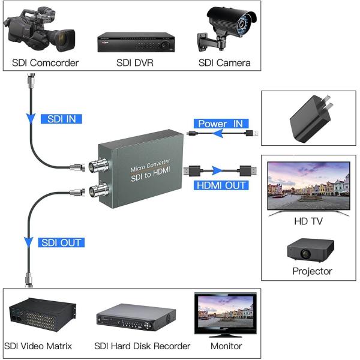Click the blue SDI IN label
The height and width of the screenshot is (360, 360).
(x=61, y=119)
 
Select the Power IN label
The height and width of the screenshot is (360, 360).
(x=221, y=124)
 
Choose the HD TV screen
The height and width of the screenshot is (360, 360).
(x=308, y=187)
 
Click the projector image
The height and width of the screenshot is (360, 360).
(x=310, y=248)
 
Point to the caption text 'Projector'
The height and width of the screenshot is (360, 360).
(x=312, y=271)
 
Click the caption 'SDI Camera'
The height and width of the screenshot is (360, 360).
(x=224, y=63)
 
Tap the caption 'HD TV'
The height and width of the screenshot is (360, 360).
(x=308, y=221)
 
